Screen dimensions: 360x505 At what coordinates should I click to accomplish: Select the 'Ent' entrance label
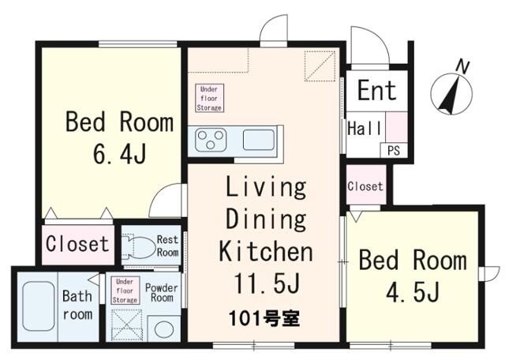click(376, 90)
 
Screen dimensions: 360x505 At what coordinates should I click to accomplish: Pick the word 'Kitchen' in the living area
click(265, 253)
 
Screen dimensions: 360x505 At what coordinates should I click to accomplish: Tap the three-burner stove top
click(211, 140)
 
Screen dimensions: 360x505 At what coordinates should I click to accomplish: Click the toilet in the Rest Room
click(139, 246)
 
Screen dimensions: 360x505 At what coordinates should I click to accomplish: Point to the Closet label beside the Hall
click(366, 187)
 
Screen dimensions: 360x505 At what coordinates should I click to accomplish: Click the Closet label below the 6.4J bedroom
click(77, 244)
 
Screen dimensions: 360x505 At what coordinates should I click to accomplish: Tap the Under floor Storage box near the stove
click(210, 97)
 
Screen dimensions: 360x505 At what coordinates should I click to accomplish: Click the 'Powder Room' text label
click(162, 292)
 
